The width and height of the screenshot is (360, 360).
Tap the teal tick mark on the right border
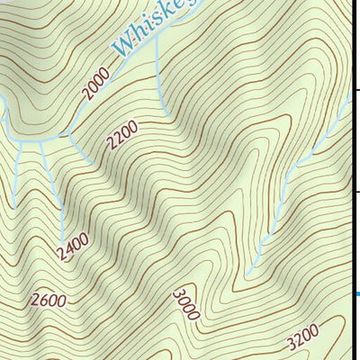pos(356,293)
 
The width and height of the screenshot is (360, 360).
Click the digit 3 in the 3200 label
pos(291,344)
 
